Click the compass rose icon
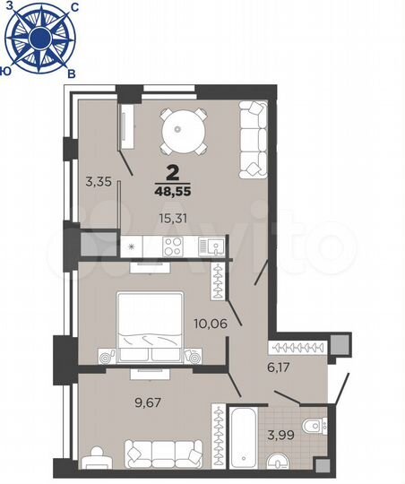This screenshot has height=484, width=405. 39,38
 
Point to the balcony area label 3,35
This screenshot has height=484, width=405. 98,181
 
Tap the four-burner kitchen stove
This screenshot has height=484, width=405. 174,245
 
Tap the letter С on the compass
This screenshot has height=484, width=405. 73,7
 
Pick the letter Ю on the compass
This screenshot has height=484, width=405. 6,69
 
